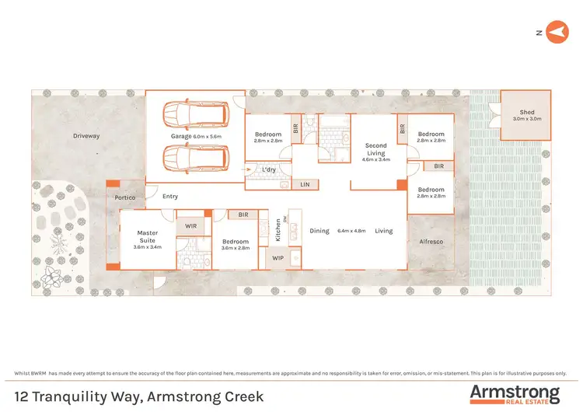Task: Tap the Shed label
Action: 527,113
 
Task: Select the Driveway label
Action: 86,136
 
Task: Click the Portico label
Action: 125,197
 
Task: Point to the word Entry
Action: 170,197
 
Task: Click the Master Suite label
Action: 148,236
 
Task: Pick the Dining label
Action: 319,231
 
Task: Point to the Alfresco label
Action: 431,242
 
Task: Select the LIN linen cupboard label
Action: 305,184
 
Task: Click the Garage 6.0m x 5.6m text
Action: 196,137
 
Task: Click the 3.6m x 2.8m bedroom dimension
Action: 236,247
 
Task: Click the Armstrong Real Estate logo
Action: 514,394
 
